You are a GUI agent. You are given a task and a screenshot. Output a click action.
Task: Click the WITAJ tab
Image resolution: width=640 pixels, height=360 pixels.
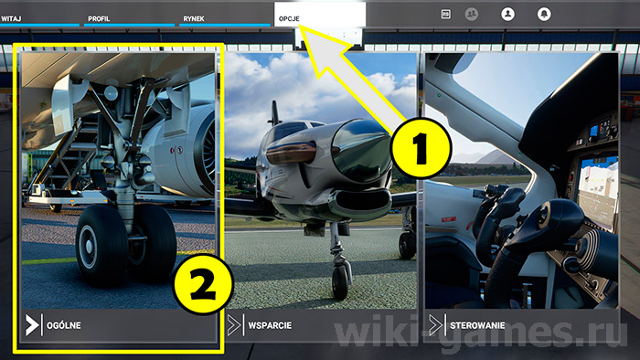tap(12, 17)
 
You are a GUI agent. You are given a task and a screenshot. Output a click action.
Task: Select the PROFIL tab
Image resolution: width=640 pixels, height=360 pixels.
tap(99, 17)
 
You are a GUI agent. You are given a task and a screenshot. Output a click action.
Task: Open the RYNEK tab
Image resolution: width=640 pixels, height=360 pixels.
tap(193, 17)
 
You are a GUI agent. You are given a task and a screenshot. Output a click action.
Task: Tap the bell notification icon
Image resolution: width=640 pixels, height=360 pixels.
tap(545, 14)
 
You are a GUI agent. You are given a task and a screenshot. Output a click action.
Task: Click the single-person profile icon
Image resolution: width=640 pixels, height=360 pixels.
tap(507, 14)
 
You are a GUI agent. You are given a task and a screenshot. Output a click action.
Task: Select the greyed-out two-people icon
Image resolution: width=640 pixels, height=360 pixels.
tap(472, 14)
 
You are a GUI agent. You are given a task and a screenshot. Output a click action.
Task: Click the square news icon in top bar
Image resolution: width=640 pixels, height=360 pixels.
tap(445, 14)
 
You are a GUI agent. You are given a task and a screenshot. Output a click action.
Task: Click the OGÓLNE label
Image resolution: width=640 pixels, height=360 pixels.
tap(63, 324)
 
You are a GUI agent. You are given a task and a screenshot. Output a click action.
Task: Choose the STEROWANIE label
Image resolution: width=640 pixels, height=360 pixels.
tap(478, 324)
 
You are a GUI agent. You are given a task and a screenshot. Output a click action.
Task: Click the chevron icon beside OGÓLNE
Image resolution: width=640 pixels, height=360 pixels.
tap(33, 324)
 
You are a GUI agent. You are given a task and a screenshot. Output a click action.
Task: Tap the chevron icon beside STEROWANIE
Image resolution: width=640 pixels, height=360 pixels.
tap(436, 324)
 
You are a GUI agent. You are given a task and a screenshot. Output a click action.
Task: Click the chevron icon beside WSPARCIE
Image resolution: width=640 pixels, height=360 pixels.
tap(234, 324)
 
